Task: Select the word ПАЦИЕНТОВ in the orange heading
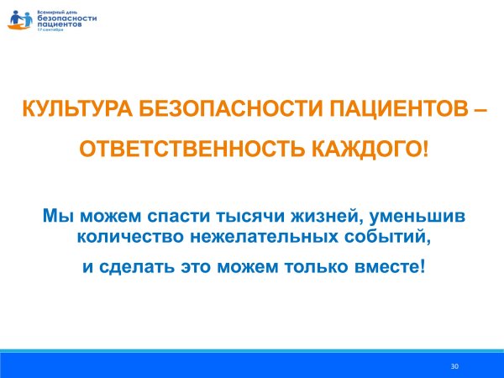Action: click(x=397, y=109)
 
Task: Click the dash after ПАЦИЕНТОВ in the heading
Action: click(x=475, y=109)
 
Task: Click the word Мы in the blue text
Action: click(x=55, y=217)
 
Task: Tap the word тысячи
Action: click(x=244, y=217)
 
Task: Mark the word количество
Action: click(x=123, y=237)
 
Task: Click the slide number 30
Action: click(x=454, y=366)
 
